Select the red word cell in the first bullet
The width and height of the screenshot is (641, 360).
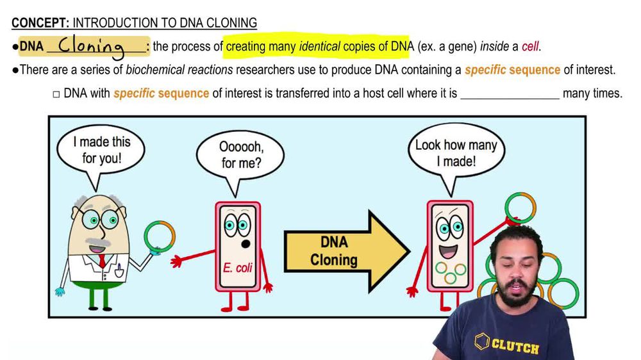click(x=529, y=46)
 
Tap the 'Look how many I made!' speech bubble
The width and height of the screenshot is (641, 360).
click(x=456, y=153)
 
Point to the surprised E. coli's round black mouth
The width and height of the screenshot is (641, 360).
click(x=244, y=245)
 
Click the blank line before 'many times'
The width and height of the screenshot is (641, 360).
click(x=510, y=94)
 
